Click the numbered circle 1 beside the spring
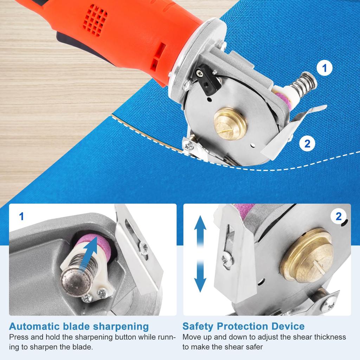pos(324,68)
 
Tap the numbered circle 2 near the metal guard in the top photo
pos(307,143)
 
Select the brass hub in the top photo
pos(230,123)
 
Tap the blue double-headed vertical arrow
pos(200,254)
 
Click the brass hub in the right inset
pos(307,254)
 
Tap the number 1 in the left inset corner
pos(21,217)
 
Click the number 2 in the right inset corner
pos(338,217)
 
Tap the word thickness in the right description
pos(329,337)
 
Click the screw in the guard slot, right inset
pos(227,261)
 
